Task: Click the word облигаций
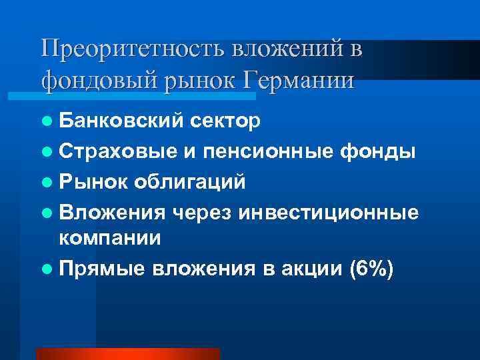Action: coord(190,181)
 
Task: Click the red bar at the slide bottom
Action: coord(127,353)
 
